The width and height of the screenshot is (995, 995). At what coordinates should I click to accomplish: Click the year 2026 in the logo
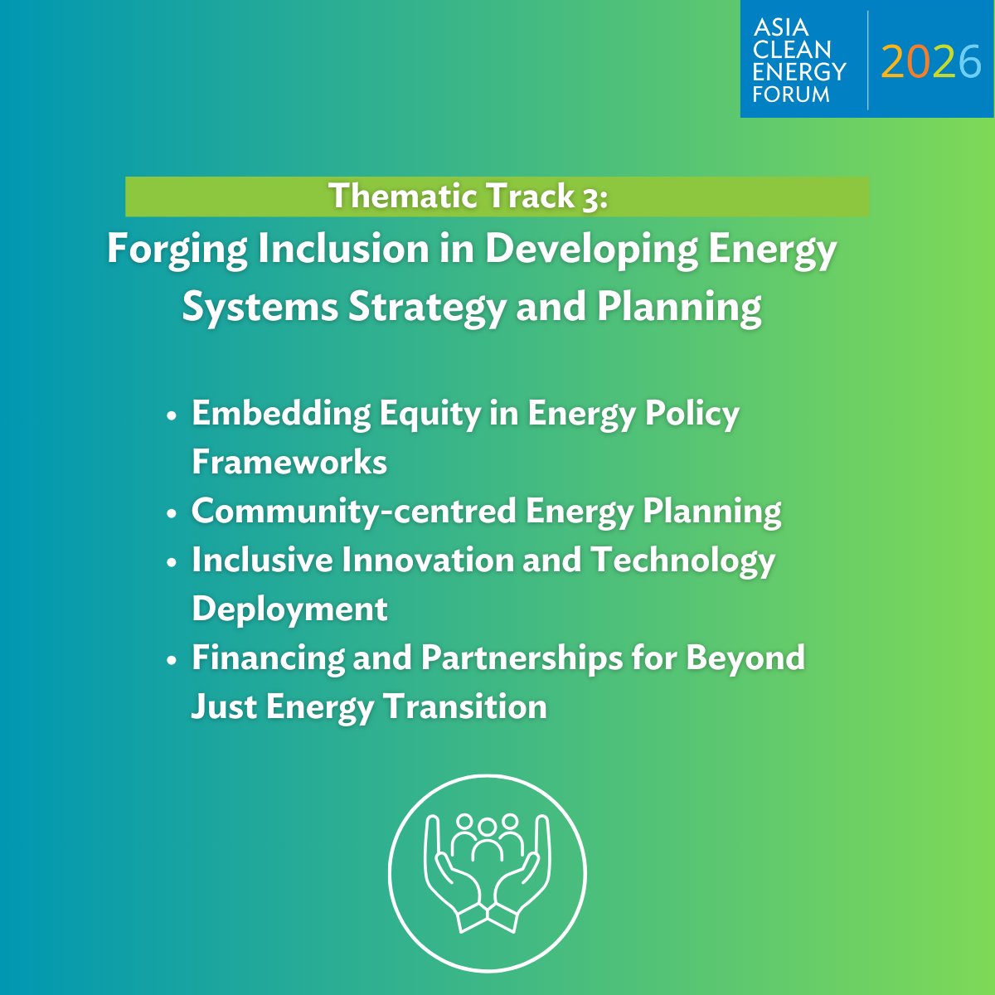pyautogui.click(x=931, y=61)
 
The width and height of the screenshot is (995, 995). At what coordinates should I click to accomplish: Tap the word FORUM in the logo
pyautogui.click(x=791, y=94)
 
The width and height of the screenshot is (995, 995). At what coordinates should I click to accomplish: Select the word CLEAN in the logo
pyautogui.click(x=793, y=50)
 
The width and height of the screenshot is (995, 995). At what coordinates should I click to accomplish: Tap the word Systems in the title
pyautogui.click(x=260, y=307)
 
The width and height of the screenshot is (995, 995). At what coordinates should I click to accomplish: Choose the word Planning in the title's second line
pyautogui.click(x=679, y=307)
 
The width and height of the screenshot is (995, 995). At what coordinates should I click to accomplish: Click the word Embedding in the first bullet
pyautogui.click(x=280, y=414)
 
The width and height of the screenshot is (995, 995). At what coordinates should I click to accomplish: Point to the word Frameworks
pyautogui.click(x=289, y=462)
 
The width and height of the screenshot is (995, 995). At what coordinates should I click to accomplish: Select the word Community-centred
pyautogui.click(x=352, y=511)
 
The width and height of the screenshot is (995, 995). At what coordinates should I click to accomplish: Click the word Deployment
pyautogui.click(x=289, y=609)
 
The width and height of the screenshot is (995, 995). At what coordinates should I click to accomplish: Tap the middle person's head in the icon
pyautogui.click(x=488, y=826)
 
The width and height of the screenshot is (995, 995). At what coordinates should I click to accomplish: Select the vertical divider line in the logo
pyautogui.click(x=868, y=60)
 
